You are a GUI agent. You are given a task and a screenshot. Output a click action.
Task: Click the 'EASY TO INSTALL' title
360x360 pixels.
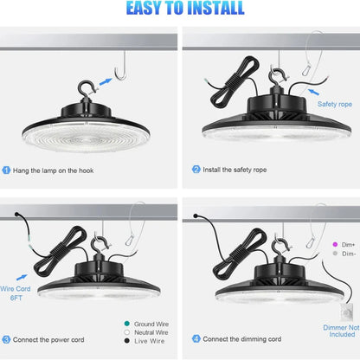click(x=185, y=8)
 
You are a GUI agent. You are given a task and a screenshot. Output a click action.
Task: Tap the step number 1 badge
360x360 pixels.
click(x=6, y=170)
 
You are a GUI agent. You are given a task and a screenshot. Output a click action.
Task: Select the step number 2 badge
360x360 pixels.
click(x=196, y=170)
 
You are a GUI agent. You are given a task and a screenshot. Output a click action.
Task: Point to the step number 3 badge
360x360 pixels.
click(x=6, y=339)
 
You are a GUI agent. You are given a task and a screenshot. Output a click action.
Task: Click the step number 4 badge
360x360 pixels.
click(x=196, y=338)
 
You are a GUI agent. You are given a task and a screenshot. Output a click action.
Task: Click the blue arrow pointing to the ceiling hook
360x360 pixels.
click(x=106, y=81)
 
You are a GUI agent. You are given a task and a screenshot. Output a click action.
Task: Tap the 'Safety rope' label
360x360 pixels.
click(x=335, y=104)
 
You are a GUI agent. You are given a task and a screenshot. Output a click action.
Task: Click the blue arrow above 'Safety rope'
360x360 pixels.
click(x=313, y=92)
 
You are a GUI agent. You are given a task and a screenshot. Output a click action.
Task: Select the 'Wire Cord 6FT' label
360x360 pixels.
click(x=16, y=293)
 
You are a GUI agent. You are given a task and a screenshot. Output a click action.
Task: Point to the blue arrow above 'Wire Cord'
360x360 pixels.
click(x=22, y=278)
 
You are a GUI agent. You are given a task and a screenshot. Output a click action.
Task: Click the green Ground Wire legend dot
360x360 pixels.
click(x=126, y=324)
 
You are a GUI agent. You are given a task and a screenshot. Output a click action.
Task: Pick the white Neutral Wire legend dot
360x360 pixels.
click(x=126, y=332)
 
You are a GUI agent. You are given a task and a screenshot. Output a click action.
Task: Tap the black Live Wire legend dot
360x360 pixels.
click(x=126, y=341)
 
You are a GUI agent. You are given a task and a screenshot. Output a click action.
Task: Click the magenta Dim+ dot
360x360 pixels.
click(x=335, y=244)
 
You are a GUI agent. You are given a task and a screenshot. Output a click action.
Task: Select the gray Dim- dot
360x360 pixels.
click(x=335, y=254)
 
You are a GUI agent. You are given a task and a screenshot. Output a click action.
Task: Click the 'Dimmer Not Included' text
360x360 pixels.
click(x=341, y=331)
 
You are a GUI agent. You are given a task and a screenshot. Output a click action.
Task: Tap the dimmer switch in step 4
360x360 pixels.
click(x=346, y=312)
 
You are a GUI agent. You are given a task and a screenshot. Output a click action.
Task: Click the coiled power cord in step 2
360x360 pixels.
click(x=235, y=82)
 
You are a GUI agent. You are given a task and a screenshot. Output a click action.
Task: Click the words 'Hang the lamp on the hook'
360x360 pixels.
click(x=53, y=170)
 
